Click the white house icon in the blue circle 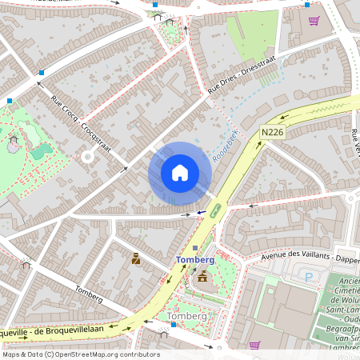click(180, 173)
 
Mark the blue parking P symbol click(309, 278)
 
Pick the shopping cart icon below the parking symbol click(254, 345)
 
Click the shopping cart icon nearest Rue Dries click(314, 21)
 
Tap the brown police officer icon click(136, 258)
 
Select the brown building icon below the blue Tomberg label click(202, 277)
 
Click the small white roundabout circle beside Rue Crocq click(87, 157)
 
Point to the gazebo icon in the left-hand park click(13, 145)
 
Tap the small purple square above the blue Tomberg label click(194, 248)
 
